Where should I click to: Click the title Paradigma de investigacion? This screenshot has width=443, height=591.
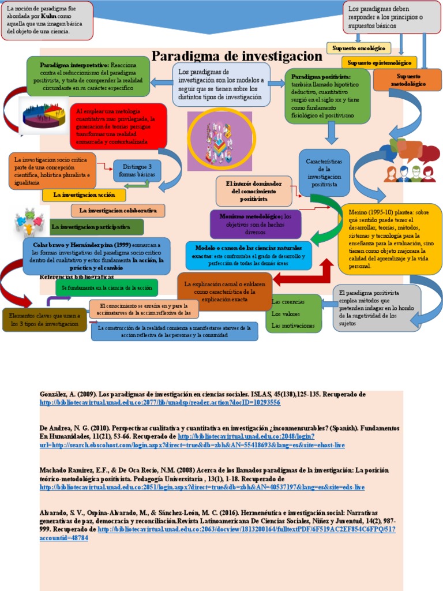coord(236,56)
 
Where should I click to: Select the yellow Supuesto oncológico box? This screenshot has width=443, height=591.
coord(359,48)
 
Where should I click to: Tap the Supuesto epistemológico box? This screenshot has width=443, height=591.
coord(380,62)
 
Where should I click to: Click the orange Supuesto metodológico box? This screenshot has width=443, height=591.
coord(411,80)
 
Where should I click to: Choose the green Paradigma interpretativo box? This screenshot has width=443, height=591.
coord(88,76)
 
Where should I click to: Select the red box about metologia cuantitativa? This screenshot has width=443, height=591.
coord(118,126)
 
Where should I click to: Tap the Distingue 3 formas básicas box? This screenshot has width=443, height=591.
coord(137,170)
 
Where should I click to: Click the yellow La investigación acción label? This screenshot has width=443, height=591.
coord(84,195)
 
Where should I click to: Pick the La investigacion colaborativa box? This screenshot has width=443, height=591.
coord(118,211)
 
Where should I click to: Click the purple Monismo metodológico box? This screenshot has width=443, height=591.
coord(255,224)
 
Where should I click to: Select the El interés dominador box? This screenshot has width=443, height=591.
coord(254,191)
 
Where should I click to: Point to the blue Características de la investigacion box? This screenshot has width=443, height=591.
coord(325,173)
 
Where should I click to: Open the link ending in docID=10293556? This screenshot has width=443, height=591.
coord(159,402)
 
